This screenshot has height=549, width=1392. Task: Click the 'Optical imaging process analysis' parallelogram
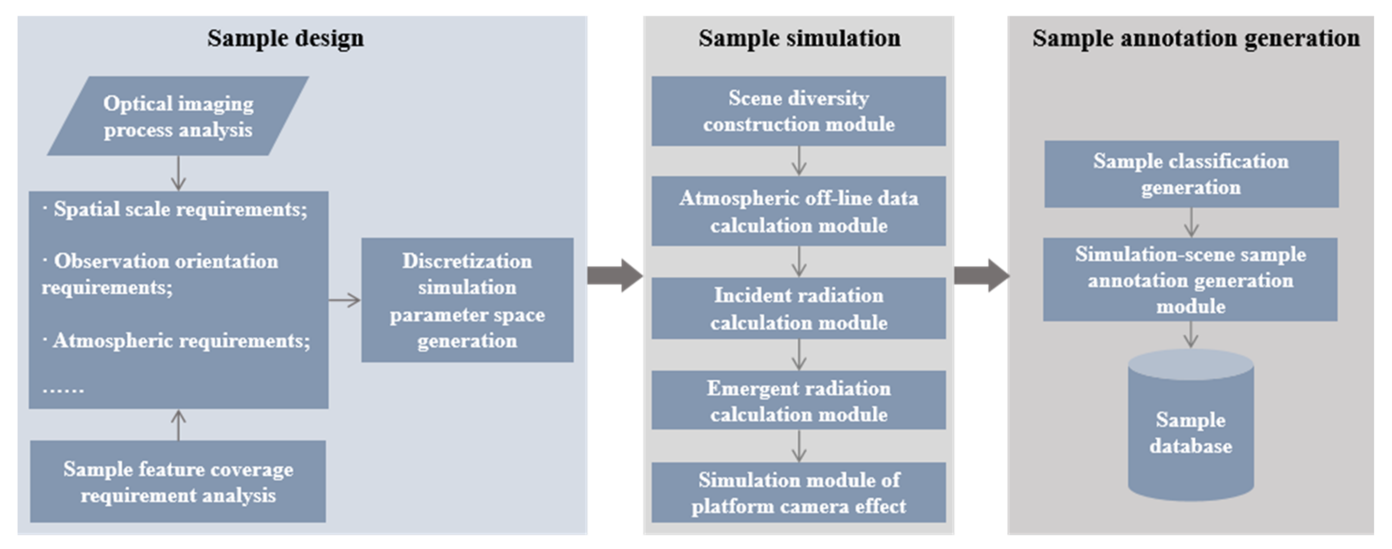point(178,116)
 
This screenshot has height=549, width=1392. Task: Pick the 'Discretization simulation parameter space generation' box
point(467,301)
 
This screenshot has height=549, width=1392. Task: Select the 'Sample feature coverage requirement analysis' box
point(178,482)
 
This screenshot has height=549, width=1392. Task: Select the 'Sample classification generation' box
point(1191,174)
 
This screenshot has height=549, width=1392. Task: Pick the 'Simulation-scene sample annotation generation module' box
point(1190,280)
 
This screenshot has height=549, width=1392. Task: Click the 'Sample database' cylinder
point(1190,432)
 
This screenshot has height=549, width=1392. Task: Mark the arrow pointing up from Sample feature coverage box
point(178,425)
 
